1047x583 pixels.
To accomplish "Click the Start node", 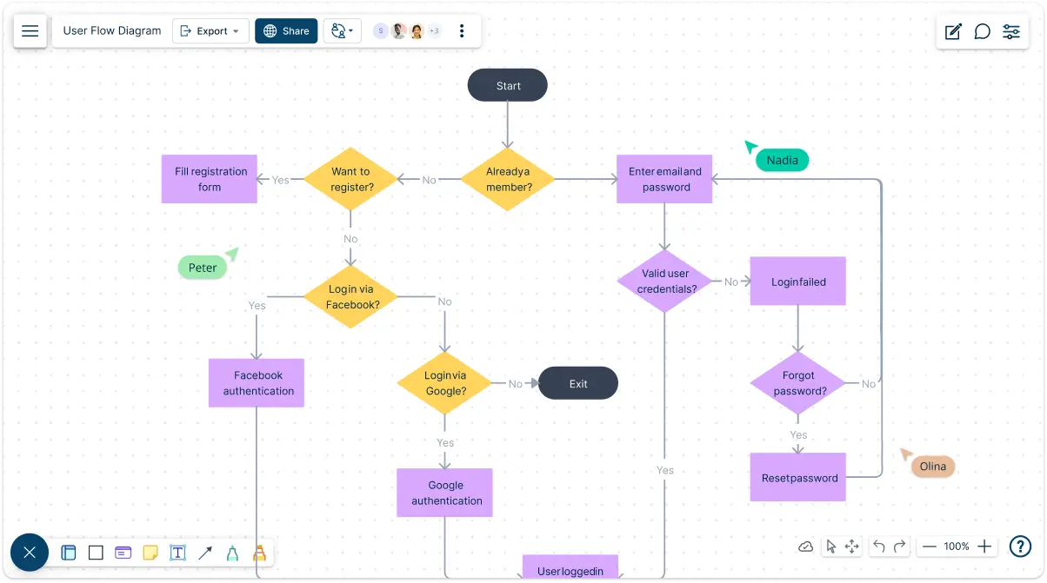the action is click(x=507, y=85).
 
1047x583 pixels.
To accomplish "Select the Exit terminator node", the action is click(x=577, y=383).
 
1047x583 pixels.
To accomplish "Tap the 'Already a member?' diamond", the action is click(x=508, y=179).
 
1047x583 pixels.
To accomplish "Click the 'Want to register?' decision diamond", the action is click(x=350, y=179).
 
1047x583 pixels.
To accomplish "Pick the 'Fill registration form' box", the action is click(x=209, y=179).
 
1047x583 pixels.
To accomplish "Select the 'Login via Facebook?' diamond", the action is click(x=350, y=296).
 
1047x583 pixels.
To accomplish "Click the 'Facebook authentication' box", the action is click(x=257, y=383).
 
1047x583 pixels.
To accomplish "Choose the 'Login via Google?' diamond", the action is click(x=444, y=383).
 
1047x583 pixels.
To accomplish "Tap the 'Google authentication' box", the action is click(x=444, y=493).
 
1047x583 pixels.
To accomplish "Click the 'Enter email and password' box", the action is click(x=664, y=179).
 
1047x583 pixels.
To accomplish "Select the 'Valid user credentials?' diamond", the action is click(x=664, y=281).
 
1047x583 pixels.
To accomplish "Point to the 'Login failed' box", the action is click(x=798, y=281).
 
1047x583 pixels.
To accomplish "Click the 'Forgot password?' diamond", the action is click(x=798, y=383).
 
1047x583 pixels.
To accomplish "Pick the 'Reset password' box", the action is click(x=798, y=477).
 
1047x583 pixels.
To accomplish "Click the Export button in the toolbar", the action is click(x=210, y=30).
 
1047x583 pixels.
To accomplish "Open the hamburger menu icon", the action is click(x=30, y=30).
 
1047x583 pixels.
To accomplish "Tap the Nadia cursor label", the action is click(x=782, y=160).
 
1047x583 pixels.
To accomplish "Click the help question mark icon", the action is click(x=1020, y=547).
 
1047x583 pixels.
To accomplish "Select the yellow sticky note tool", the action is click(x=150, y=553).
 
